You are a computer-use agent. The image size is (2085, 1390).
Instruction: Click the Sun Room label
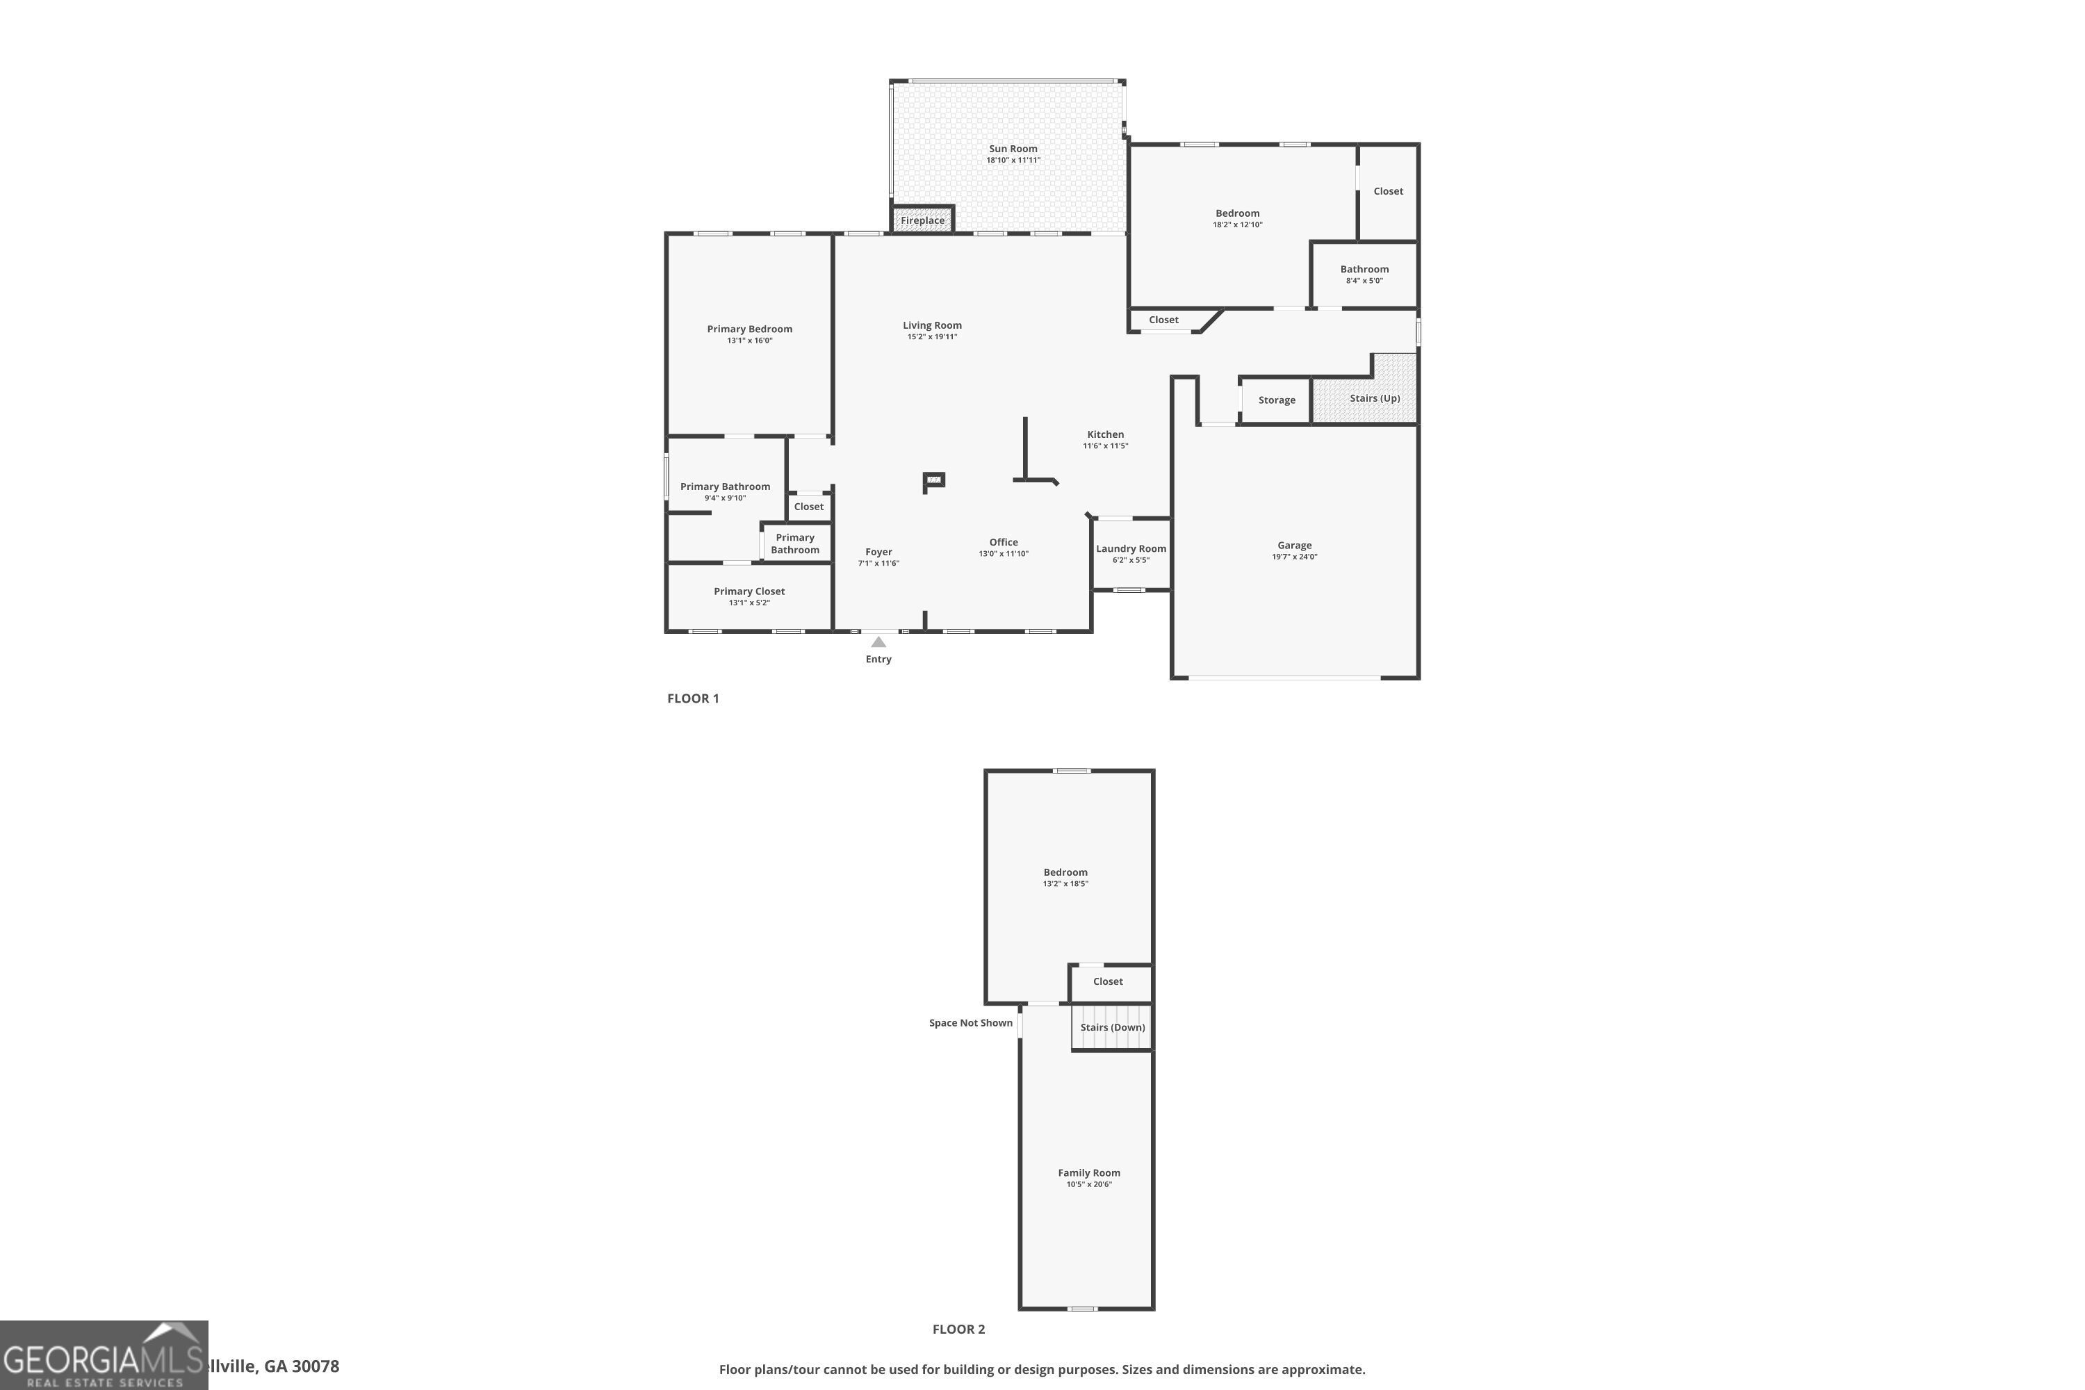pyautogui.click(x=1013, y=149)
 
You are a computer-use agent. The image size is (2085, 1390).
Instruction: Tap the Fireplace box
pyautogui.click(x=922, y=220)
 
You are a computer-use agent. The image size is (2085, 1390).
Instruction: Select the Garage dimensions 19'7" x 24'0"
pyautogui.click(x=1294, y=557)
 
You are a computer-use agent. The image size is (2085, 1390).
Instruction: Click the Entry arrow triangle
pyautogui.click(x=878, y=641)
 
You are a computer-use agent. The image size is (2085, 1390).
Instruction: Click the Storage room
pyautogui.click(x=1275, y=400)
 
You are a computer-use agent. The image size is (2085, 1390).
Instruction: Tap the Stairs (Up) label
pyautogui.click(x=1374, y=398)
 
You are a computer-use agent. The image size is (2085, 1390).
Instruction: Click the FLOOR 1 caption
pyautogui.click(x=692, y=698)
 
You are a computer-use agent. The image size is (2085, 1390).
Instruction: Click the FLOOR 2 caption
pyautogui.click(x=958, y=1329)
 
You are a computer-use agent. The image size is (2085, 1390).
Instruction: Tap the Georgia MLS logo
pyautogui.click(x=104, y=1355)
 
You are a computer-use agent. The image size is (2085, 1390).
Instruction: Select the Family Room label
pyautogui.click(x=1088, y=1173)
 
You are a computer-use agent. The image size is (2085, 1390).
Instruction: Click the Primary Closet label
pyautogui.click(x=749, y=591)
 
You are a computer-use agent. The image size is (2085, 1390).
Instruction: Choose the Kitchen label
pyautogui.click(x=1104, y=434)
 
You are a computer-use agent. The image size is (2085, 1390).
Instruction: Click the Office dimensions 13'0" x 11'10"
pyautogui.click(x=1003, y=554)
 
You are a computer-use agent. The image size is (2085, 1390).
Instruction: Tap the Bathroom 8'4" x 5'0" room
pyautogui.click(x=1364, y=274)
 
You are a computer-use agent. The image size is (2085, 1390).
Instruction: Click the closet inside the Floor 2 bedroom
pyautogui.click(x=1108, y=981)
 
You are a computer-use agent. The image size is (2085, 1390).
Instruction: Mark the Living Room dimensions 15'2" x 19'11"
pyautogui.click(x=932, y=337)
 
